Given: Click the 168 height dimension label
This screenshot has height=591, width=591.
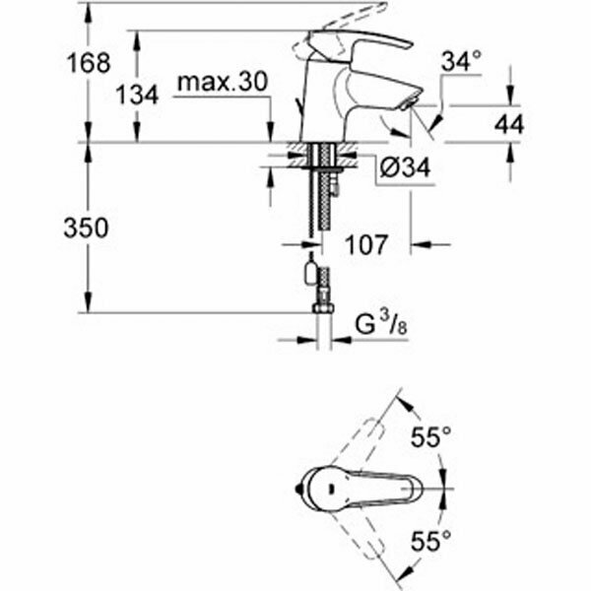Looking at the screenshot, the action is point(88,64).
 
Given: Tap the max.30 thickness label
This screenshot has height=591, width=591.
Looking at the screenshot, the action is point(222,85).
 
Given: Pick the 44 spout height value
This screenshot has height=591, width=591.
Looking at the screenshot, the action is point(510,124).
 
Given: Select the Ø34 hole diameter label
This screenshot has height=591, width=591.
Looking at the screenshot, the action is point(405,168).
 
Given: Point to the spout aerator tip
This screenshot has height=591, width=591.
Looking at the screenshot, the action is point(409,99).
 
